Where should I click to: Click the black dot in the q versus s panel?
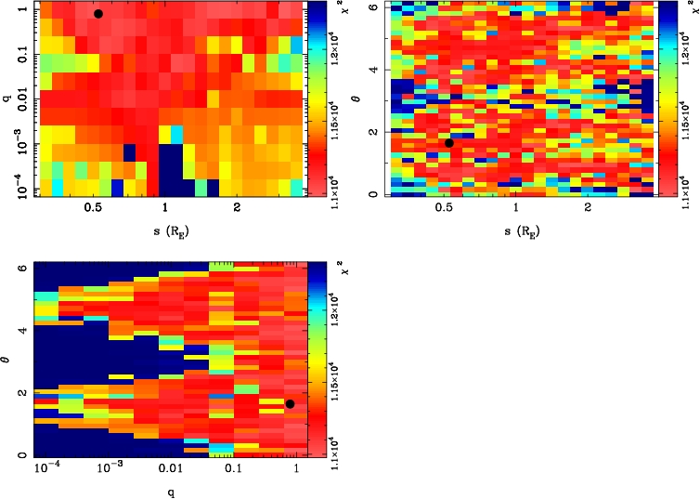pos(98,14)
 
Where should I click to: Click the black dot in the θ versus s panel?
pos(449,143)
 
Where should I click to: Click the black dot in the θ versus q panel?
pos(290,403)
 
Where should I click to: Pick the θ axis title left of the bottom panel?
pos(8,369)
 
